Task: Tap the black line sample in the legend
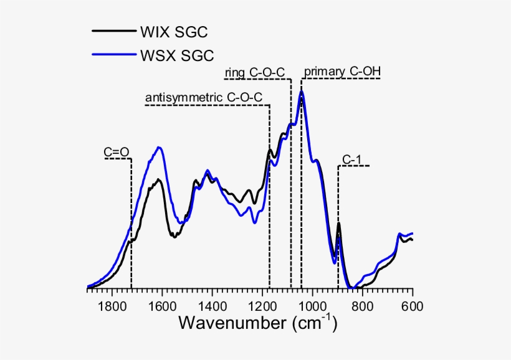click(113, 31)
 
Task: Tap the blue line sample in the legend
click(113, 55)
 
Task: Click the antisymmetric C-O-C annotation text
click(203, 98)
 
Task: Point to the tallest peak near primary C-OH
click(302, 92)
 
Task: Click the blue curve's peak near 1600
click(160, 148)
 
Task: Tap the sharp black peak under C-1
click(338, 224)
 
